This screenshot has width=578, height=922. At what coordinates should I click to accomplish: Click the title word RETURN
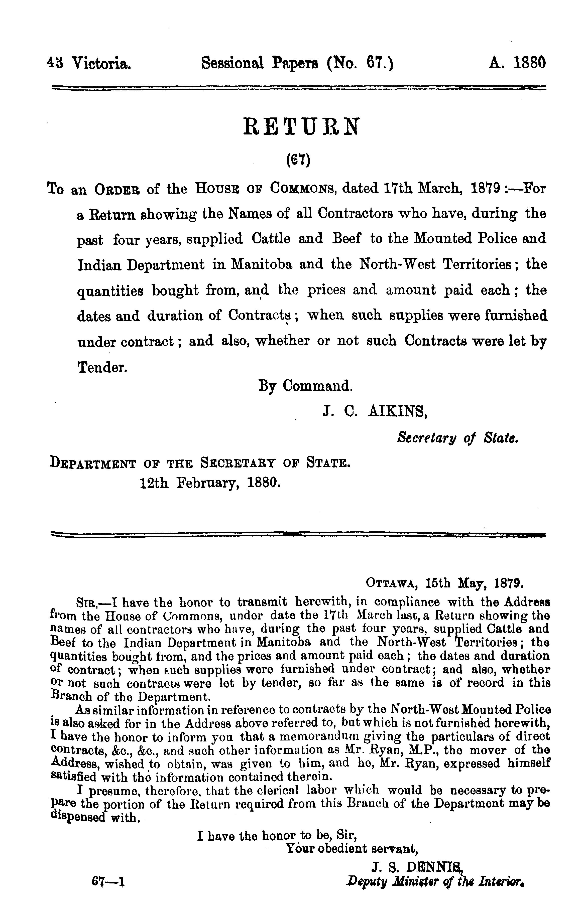click(x=301, y=127)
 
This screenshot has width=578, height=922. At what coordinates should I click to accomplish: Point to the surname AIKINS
click(x=398, y=411)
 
